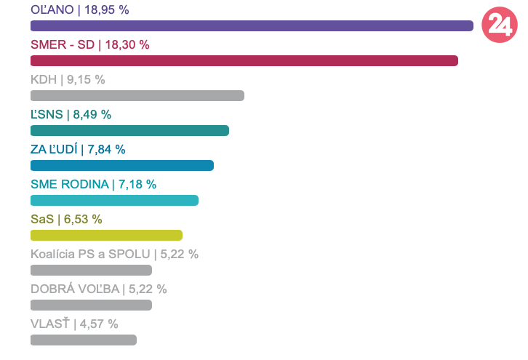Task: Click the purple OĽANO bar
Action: tap(252, 26)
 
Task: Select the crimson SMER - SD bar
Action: tap(244, 60)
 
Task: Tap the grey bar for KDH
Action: tap(137, 95)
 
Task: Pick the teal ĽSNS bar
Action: tap(129, 130)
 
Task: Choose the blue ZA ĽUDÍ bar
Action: tap(122, 165)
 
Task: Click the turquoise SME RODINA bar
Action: tap(114, 200)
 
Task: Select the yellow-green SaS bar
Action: tap(106, 235)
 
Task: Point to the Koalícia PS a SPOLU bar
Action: tap(91, 270)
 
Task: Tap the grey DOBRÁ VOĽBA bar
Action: tap(91, 305)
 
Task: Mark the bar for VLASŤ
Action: tap(84, 340)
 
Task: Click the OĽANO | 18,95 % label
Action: tap(80, 9)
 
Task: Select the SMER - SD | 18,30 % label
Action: tap(90, 44)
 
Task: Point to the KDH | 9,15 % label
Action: tap(68, 79)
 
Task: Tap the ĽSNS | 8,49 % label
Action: tap(71, 114)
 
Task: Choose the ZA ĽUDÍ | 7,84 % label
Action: tap(78, 149)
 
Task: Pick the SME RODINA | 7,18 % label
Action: tap(93, 184)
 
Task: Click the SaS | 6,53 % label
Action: tap(66, 219)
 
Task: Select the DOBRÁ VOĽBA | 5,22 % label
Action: tap(98, 289)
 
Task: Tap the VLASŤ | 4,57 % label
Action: tap(74, 324)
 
